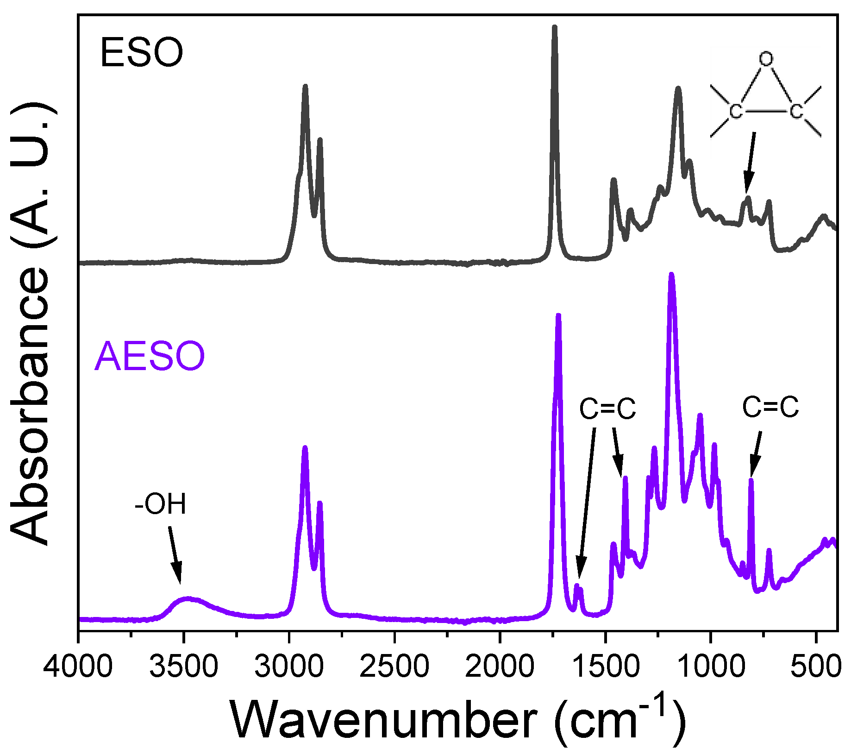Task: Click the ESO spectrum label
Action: [x=141, y=53]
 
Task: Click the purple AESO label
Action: [x=149, y=356]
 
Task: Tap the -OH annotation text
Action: [x=160, y=504]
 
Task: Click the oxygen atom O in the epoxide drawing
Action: [x=766, y=59]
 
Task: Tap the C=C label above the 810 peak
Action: [x=770, y=408]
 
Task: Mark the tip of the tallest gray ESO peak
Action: [x=554, y=28]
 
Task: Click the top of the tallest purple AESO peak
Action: [x=671, y=276]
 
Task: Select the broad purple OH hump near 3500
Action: [x=188, y=600]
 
